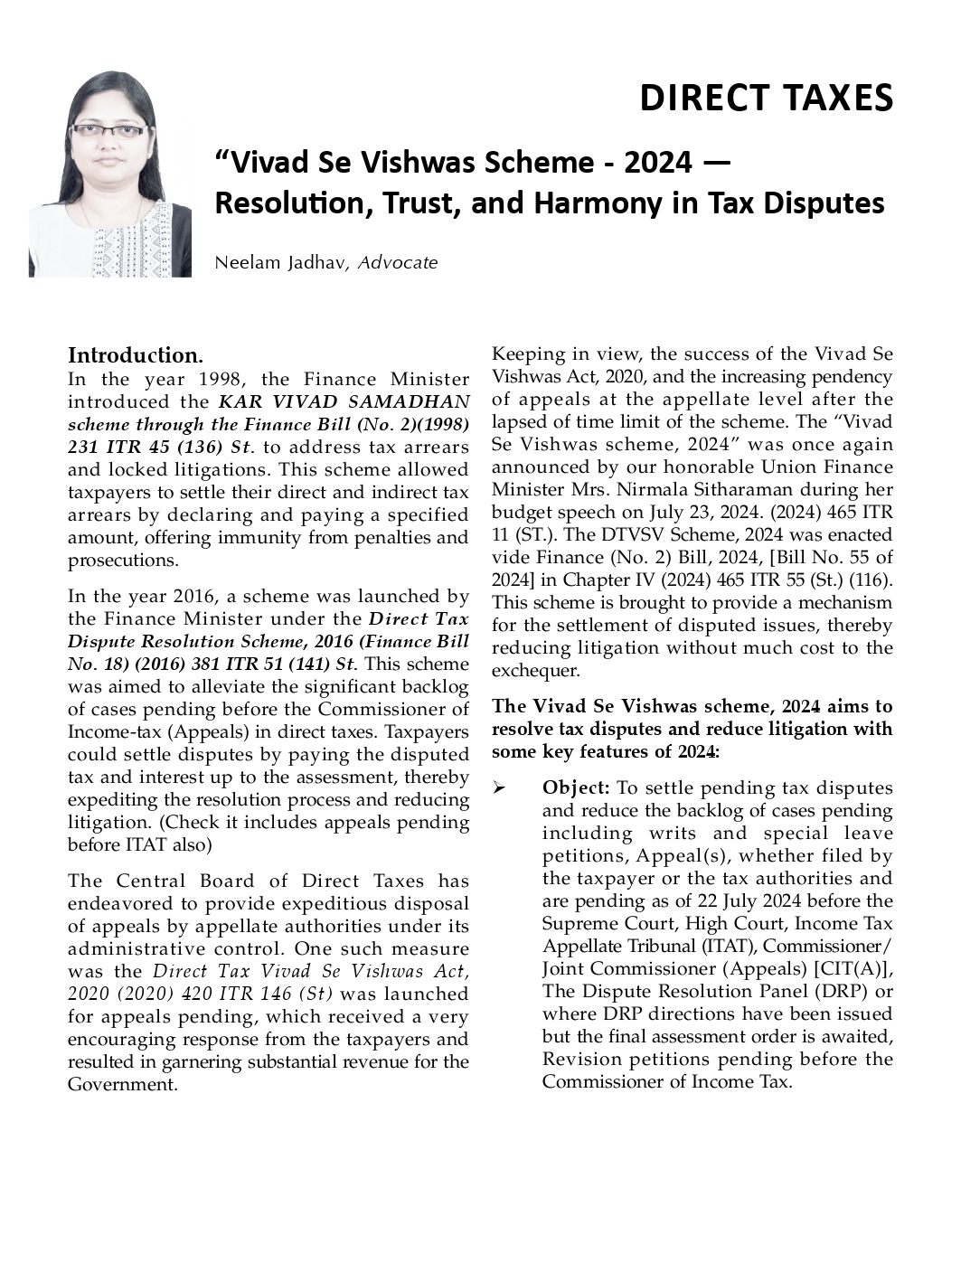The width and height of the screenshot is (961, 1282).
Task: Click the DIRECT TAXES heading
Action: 766,98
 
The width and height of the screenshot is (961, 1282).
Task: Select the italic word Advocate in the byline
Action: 398,263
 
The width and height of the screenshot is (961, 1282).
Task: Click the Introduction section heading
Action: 136,355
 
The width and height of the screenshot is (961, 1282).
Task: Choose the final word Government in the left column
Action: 122,1084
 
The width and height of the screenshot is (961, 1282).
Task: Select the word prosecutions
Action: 122,561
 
